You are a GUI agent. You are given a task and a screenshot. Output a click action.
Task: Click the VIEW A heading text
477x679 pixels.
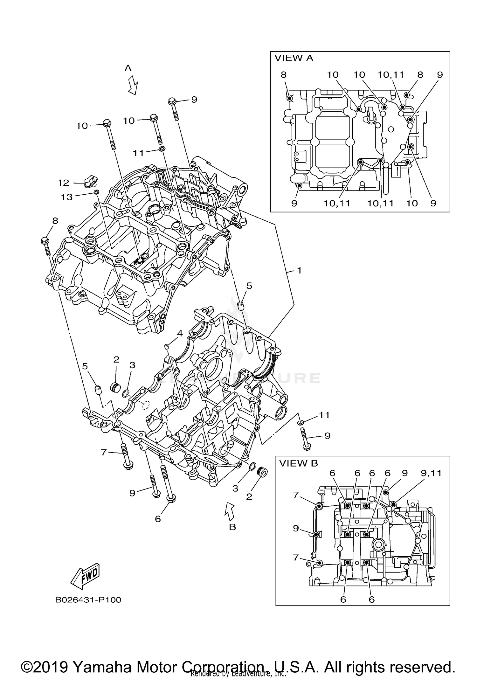[294, 58]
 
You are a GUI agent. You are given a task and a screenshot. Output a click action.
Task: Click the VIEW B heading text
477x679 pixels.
[298, 463]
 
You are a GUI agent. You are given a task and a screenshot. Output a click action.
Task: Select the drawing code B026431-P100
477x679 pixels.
[88, 600]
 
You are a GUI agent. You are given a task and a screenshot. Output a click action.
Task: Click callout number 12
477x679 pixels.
[63, 183]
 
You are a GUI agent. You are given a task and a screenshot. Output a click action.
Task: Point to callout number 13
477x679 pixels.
[67, 197]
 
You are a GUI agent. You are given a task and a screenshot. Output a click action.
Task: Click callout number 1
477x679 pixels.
[299, 270]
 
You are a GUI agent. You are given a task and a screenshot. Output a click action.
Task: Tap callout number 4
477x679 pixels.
[180, 333]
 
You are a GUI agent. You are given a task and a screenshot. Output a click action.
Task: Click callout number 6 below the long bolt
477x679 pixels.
[158, 519]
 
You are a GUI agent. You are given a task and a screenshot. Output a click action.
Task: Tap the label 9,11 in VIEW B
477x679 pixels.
[431, 473]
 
